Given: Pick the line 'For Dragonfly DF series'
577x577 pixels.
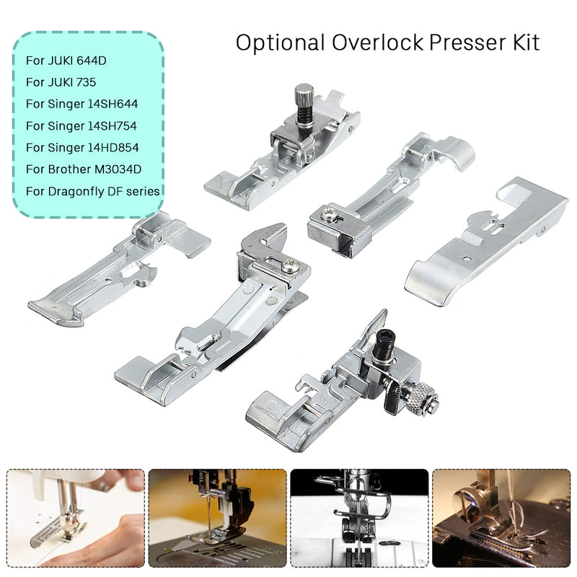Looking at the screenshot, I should [x=92, y=190].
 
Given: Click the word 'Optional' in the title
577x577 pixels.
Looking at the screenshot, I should [x=280, y=43].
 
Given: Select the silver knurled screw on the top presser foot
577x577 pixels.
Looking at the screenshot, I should [x=302, y=97].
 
